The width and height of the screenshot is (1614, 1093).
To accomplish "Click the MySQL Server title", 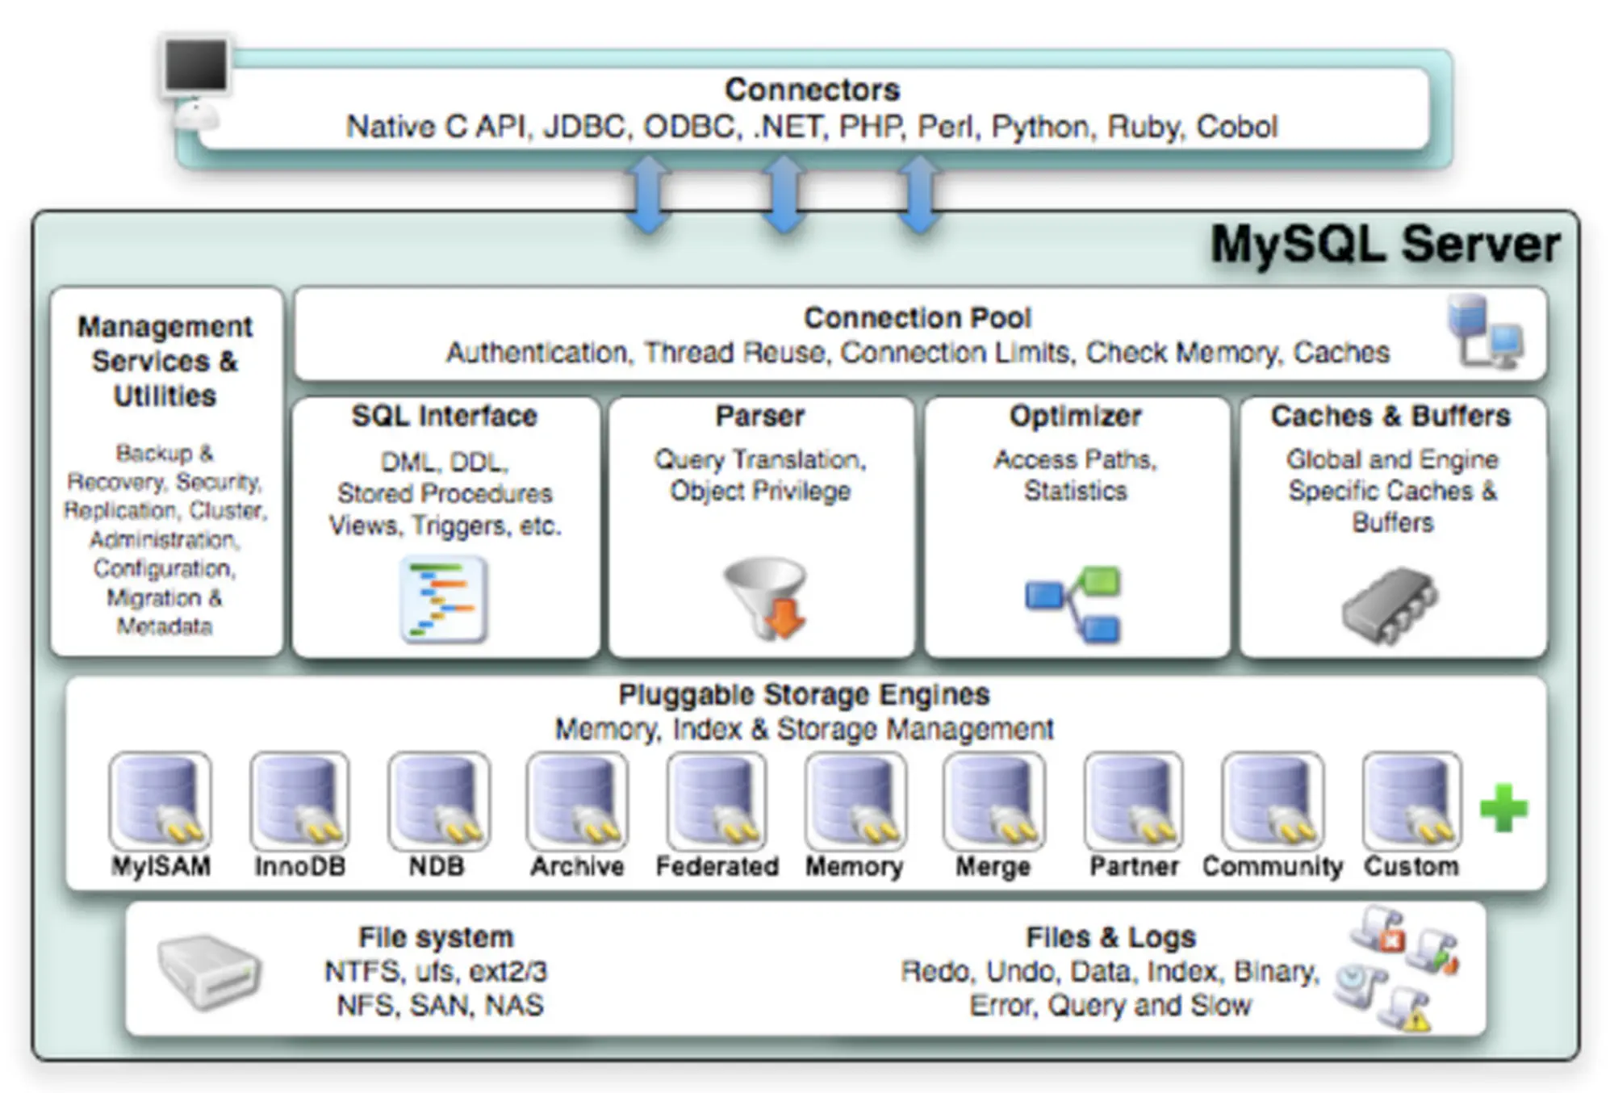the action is tap(1385, 245).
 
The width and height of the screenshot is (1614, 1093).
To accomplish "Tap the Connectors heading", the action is tap(812, 89).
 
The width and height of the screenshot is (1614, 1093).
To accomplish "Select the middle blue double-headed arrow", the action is tap(784, 194).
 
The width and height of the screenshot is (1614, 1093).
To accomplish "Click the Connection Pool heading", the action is tap(918, 317).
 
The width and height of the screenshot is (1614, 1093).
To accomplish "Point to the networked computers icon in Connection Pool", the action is tap(1485, 332).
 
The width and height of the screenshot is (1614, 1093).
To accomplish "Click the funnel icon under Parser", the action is tap(765, 597).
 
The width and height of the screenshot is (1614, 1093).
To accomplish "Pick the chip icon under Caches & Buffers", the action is tap(1390, 605).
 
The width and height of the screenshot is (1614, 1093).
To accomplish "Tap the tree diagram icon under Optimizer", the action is tap(1073, 604).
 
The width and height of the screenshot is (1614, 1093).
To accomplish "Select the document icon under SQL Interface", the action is tap(444, 599).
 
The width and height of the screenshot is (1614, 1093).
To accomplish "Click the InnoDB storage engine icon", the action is tap(299, 802).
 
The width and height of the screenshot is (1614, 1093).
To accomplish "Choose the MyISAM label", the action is tap(161, 866).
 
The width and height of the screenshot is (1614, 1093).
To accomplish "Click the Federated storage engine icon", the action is tap(717, 802).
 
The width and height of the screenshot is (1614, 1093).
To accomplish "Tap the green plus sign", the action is tap(1503, 807).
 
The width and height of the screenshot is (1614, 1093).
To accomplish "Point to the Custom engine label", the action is tap(1411, 866).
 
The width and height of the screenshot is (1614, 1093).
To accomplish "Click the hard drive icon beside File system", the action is tap(209, 972).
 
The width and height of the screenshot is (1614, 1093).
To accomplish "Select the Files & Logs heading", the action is tap(1110, 937).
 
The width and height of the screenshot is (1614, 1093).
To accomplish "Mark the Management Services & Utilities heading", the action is tap(165, 361).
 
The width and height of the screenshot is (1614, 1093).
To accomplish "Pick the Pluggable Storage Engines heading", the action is tap(804, 694).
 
